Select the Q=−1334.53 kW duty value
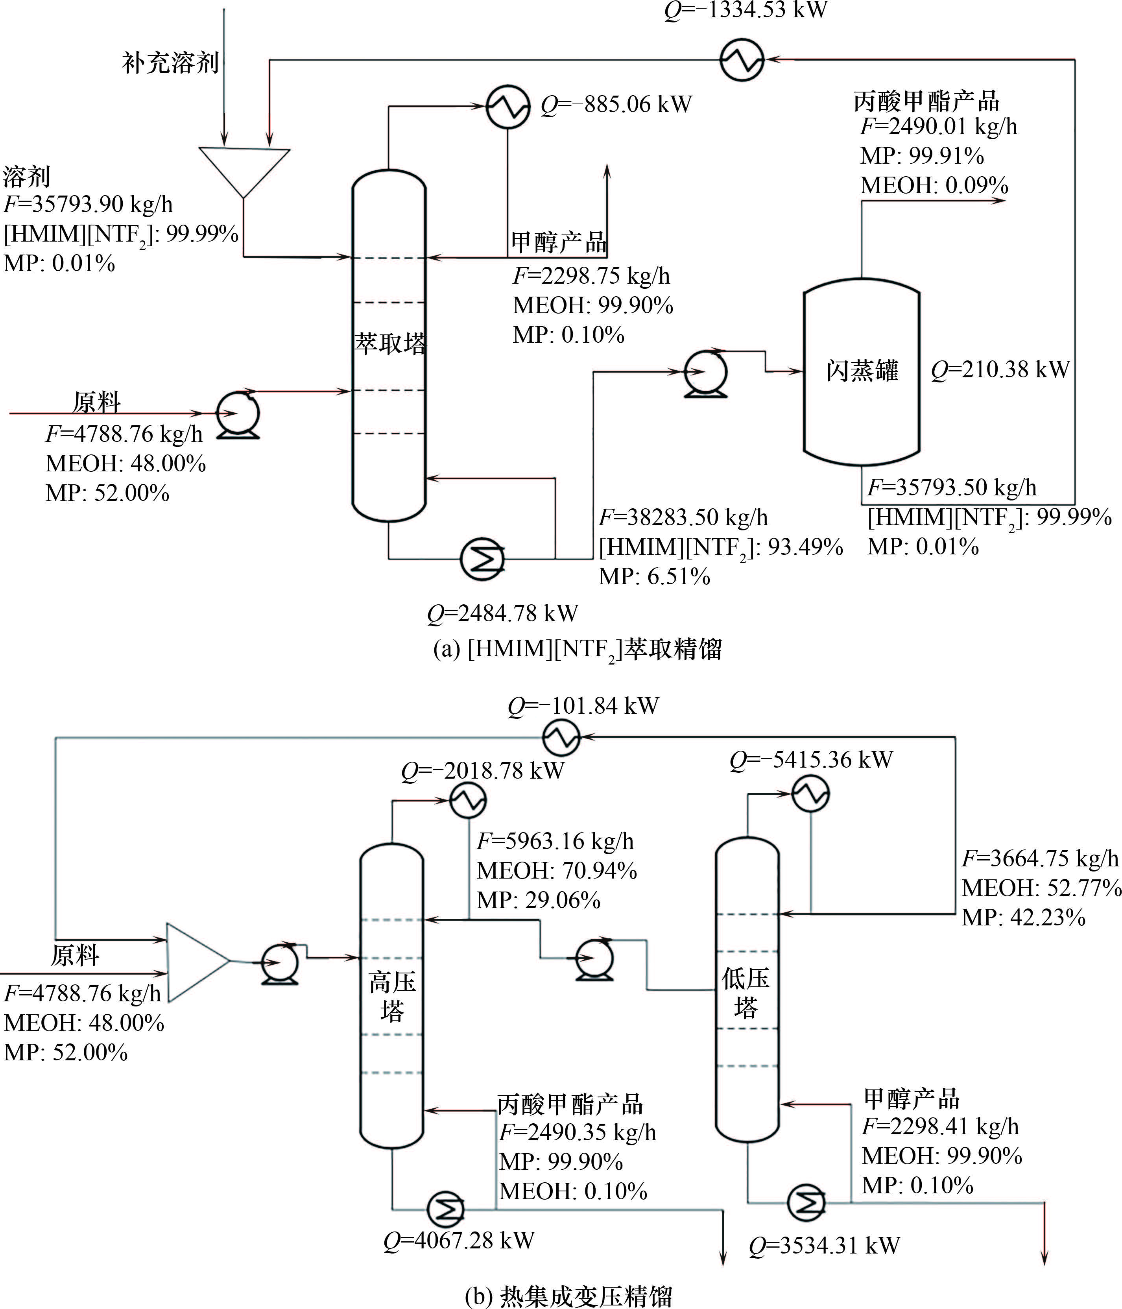pyautogui.click(x=746, y=11)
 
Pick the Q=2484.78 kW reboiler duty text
pyautogui.click(x=502, y=613)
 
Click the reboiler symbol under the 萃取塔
pyautogui.click(x=483, y=558)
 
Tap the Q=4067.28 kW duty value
pyautogui.click(x=459, y=1240)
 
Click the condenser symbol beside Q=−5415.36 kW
pyautogui.click(x=810, y=794)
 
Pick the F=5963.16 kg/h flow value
pyautogui.click(x=555, y=841)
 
